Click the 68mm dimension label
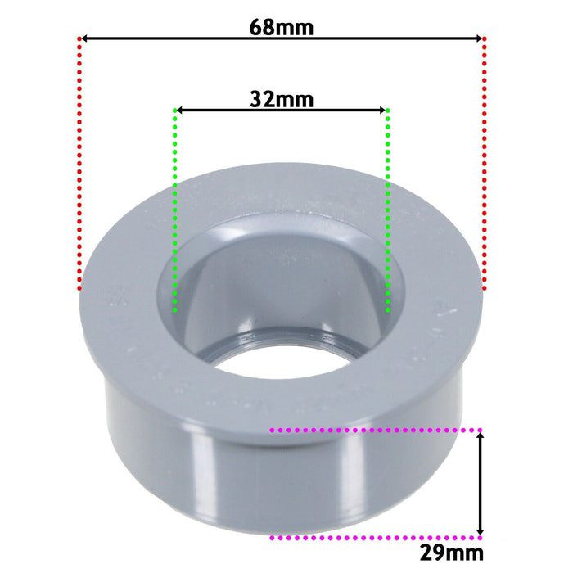click(x=282, y=27)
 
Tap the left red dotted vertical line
click(x=79, y=164)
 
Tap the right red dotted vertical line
click(x=485, y=164)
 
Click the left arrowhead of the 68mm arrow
click(x=85, y=38)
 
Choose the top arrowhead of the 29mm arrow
click(x=481, y=436)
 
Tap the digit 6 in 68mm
click(x=257, y=27)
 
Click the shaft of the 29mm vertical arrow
click(x=481, y=483)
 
